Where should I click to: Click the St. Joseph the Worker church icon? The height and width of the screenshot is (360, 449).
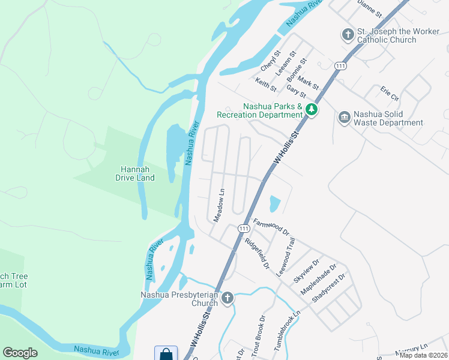(x=348, y=35)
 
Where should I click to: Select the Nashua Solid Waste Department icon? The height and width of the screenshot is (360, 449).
(x=344, y=117)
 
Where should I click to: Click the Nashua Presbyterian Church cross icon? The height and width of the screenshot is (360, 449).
(x=227, y=298)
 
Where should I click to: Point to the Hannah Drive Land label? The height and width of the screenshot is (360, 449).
(x=135, y=173)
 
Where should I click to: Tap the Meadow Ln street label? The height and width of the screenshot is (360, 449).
(x=219, y=206)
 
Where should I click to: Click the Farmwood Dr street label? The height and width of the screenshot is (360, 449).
(x=271, y=227)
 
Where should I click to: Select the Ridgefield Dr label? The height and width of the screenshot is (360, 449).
(x=258, y=253)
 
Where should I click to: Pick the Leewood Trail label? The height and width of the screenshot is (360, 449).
(x=286, y=256)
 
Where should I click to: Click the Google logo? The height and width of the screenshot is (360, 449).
(x=20, y=353)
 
